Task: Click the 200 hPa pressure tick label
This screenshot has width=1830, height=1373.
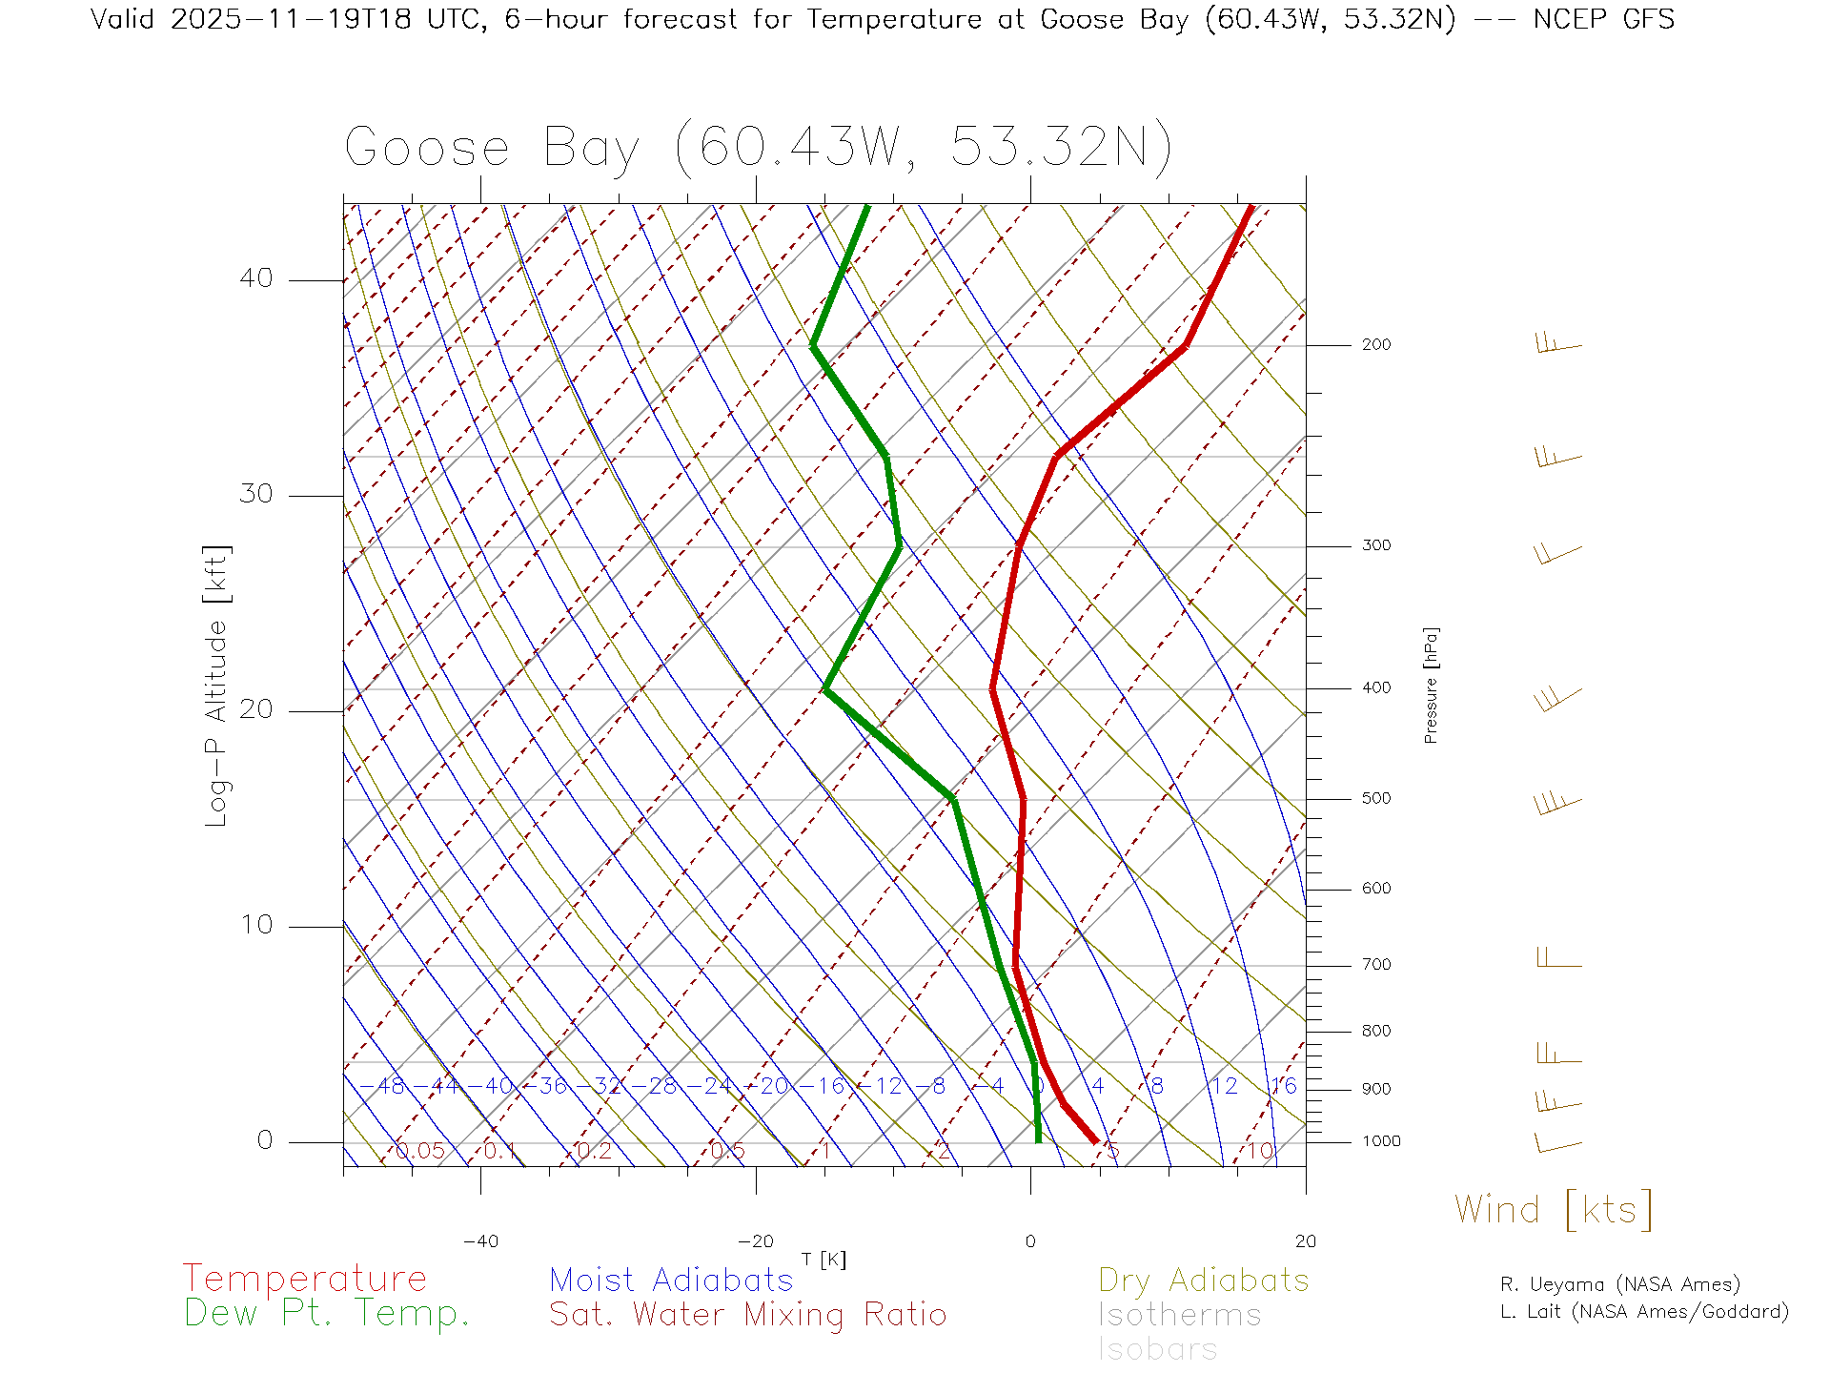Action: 1375,345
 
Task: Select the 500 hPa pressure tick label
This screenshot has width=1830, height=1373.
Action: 1375,799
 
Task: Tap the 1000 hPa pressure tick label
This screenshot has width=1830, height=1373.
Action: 1380,1141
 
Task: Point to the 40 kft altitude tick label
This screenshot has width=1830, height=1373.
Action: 255,278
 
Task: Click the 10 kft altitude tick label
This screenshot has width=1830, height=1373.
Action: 255,925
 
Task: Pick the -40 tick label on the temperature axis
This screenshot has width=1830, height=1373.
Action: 480,1241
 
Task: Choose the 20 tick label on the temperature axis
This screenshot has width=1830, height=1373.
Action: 1305,1241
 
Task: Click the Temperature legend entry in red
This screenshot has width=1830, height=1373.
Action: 305,1279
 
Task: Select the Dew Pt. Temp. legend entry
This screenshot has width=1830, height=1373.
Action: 327,1314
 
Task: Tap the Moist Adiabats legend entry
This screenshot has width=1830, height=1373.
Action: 672,1280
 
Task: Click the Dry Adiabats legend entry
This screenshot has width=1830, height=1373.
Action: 1204,1280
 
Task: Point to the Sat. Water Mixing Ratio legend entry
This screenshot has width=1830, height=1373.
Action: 748,1315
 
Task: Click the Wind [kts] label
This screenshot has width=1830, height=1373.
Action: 1554,1210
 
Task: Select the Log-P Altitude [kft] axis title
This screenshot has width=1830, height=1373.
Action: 217,686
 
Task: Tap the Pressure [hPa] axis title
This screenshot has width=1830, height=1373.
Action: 1431,685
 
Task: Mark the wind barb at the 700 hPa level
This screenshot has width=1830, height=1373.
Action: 1559,958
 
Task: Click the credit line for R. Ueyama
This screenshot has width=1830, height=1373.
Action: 1620,1284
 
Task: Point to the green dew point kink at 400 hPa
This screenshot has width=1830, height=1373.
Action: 825,688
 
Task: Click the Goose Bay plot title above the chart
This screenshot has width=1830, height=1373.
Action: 758,148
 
